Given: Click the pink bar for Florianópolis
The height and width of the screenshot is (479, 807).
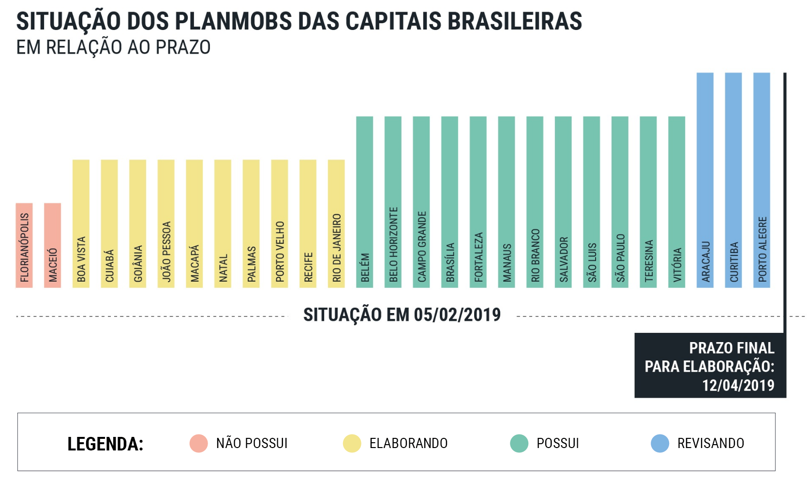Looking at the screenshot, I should [x=24, y=245].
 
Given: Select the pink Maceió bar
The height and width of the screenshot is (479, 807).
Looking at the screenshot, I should [x=53, y=245].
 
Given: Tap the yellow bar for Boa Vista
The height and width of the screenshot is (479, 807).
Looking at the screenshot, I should [x=81, y=224].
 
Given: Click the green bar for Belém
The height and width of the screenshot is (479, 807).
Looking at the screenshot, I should [x=365, y=202].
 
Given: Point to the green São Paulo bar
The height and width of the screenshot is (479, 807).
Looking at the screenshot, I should [x=620, y=202].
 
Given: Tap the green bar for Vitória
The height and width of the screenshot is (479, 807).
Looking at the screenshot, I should [x=677, y=202].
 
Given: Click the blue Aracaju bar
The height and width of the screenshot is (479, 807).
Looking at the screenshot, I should [x=705, y=180].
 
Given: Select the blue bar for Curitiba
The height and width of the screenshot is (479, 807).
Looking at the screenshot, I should [x=733, y=180].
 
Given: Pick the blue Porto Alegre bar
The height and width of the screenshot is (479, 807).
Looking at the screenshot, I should [x=762, y=180].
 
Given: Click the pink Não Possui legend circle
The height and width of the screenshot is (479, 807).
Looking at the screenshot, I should [x=198, y=443].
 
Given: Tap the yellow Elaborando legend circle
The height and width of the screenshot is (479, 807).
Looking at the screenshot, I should [x=352, y=443].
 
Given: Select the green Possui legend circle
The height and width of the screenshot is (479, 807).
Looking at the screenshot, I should [x=519, y=443].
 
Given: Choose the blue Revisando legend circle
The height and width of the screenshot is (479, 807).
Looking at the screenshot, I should [x=660, y=443].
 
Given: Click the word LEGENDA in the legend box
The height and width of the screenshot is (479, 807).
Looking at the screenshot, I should [x=105, y=444].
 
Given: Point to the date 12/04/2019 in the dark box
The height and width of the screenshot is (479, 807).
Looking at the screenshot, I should [x=738, y=385].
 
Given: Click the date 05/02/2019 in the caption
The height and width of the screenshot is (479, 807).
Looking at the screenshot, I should [x=457, y=315].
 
